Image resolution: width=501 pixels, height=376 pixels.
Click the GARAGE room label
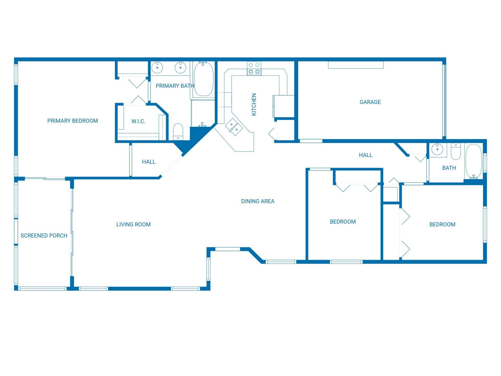click(370, 102)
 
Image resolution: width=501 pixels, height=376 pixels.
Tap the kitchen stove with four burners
click(254, 68)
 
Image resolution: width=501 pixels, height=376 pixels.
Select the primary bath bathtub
click(204, 79)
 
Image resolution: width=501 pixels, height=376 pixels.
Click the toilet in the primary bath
click(178, 132)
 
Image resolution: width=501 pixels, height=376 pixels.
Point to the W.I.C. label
click(138, 121)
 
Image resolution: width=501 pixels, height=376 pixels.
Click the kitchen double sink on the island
click(234, 127)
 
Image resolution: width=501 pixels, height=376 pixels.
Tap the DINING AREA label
click(258, 201)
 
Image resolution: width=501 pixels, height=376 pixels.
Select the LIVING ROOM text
click(133, 225)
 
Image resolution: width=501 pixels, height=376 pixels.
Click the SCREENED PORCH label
click(44, 236)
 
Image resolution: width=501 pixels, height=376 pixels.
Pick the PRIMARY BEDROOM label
click(73, 121)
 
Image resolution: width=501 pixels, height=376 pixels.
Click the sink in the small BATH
click(436, 150)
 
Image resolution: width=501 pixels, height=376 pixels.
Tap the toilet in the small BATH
click(456, 152)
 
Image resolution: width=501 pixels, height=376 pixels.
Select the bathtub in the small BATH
click(473, 161)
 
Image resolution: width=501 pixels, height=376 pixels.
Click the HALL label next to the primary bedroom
click(149, 162)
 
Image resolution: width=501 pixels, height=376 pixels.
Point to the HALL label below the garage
click(366, 155)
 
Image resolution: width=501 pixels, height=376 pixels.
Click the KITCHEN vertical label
click(254, 104)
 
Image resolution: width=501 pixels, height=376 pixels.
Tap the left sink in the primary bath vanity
click(157, 68)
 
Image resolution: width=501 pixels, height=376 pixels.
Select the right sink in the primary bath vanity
click(180, 68)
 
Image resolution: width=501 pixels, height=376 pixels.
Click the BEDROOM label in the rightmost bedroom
click(442, 225)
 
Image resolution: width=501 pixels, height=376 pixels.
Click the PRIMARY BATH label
click(175, 86)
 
